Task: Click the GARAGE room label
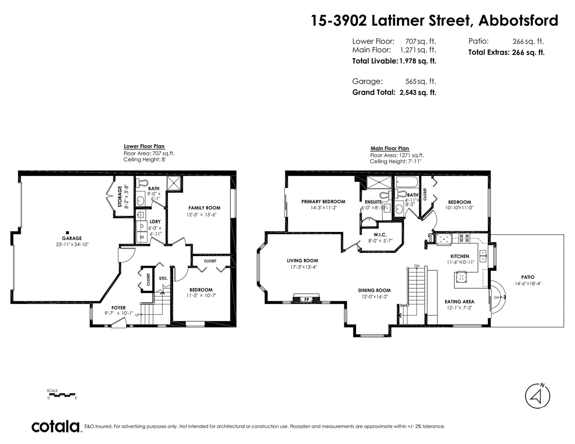click(72, 238)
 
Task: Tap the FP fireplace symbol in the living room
click(307, 299)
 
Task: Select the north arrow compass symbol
click(537, 396)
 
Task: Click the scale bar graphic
click(62, 395)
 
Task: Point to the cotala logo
click(56, 426)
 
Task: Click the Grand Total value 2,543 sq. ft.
click(418, 93)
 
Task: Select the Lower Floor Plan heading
click(144, 146)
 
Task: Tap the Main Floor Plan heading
click(390, 149)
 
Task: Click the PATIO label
click(528, 277)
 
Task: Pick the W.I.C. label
click(380, 235)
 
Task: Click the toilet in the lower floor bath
click(142, 183)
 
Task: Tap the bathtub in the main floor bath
click(406, 182)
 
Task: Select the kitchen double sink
click(483, 256)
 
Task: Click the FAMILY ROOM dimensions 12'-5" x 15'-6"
click(201, 215)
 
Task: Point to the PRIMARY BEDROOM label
click(323, 202)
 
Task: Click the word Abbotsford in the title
click(518, 20)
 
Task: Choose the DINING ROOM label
click(374, 290)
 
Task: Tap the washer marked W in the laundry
click(142, 237)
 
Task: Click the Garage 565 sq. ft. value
click(421, 82)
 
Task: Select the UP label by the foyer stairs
click(137, 315)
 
